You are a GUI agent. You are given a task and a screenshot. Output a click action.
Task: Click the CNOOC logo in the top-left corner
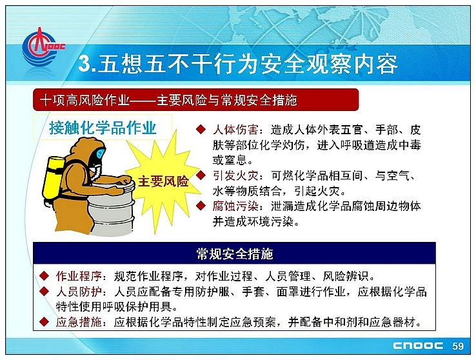43,47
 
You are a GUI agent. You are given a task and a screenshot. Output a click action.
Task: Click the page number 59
458,346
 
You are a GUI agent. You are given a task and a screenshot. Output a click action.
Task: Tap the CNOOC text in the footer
418,346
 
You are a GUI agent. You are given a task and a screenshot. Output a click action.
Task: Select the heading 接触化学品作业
103,128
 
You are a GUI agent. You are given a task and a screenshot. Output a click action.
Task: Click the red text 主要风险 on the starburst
163,181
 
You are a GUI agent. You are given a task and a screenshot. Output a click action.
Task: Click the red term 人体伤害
235,130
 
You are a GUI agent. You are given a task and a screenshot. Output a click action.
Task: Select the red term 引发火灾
235,175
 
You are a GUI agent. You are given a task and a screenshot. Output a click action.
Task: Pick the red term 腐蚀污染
235,206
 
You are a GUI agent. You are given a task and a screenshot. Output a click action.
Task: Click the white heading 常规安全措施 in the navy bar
234,254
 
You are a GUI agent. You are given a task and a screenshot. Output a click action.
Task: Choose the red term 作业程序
79,276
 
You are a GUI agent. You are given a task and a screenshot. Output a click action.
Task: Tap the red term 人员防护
79,292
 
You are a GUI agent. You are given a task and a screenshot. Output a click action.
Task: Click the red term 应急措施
79,322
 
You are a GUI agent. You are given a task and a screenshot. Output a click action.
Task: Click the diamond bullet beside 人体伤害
201,129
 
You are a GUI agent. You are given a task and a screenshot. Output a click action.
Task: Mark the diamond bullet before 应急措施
45,321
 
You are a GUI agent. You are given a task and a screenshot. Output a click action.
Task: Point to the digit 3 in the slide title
84,64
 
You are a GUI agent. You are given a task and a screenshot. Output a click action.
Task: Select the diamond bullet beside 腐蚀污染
201,206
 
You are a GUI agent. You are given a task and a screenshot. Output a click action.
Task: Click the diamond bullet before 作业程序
45,275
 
